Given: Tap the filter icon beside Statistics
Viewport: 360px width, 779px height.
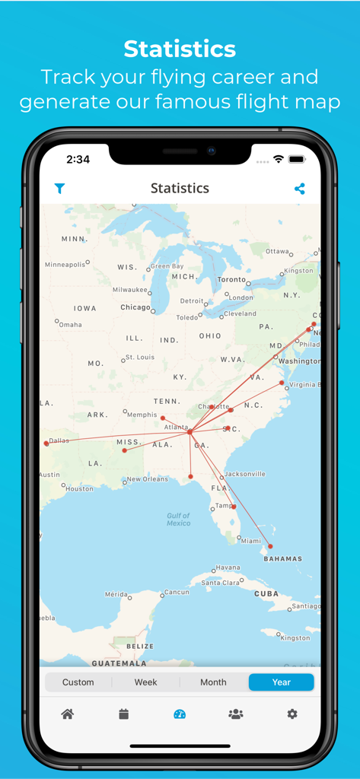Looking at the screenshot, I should click(x=59, y=189).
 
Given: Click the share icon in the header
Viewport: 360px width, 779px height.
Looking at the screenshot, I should click(x=299, y=189).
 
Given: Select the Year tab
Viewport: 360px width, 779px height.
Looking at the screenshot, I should click(x=281, y=682).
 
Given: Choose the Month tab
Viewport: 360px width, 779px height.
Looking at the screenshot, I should click(x=213, y=682).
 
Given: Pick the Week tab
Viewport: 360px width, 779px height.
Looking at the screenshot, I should click(x=145, y=682).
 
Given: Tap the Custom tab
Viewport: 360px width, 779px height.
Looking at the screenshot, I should click(x=78, y=682).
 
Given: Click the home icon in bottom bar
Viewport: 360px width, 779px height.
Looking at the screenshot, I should click(x=68, y=714).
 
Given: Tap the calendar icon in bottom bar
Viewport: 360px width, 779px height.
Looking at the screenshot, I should click(x=124, y=714).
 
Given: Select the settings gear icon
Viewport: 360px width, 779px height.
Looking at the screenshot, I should click(x=292, y=714).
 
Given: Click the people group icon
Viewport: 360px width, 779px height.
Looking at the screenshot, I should click(x=236, y=714).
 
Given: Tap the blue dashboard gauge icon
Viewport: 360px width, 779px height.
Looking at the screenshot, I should click(x=180, y=714).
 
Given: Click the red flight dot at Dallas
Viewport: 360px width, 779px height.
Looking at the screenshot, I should click(x=46, y=443).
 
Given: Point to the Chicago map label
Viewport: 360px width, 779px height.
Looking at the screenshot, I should click(x=135, y=307).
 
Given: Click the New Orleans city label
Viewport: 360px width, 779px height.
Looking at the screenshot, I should click(x=147, y=479).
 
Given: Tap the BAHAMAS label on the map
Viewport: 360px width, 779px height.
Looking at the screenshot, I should click(x=282, y=558).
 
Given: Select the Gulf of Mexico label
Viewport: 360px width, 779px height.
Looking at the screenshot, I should click(x=179, y=519).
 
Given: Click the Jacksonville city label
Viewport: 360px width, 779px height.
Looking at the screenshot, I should click(x=245, y=474).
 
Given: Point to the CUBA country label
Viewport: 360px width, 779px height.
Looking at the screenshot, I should click(x=266, y=593).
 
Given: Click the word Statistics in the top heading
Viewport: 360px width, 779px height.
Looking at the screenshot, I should click(x=180, y=49).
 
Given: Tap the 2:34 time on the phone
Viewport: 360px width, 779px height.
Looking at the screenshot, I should click(x=78, y=160).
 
